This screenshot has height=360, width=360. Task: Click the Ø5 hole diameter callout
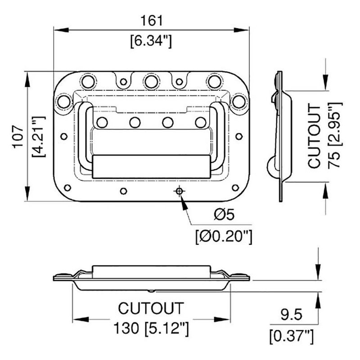224,215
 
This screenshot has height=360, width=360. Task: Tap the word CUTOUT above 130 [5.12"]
151,308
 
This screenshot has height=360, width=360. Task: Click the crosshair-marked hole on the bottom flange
179,191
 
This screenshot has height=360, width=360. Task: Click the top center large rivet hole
152,81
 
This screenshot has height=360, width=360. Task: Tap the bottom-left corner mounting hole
67,187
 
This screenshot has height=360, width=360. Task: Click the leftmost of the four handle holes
102,122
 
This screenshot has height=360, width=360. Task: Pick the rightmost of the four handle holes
201,122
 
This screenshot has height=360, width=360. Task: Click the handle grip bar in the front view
151,166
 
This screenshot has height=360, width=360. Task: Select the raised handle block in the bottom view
151,270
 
